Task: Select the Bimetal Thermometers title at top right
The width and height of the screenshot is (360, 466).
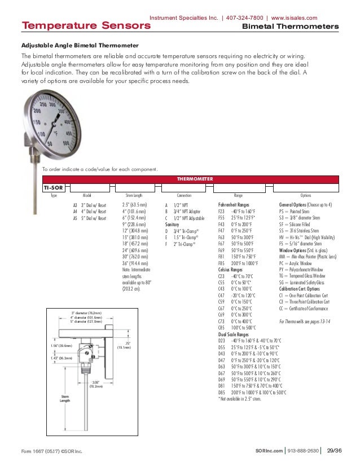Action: pyautogui.click(x=290, y=27)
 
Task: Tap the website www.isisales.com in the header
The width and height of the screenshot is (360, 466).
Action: pyautogui.click(x=301, y=17)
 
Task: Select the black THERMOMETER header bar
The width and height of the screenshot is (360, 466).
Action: pyautogui.click(x=195, y=178)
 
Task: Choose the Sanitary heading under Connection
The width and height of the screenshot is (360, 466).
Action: pyautogui.click(x=172, y=224)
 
